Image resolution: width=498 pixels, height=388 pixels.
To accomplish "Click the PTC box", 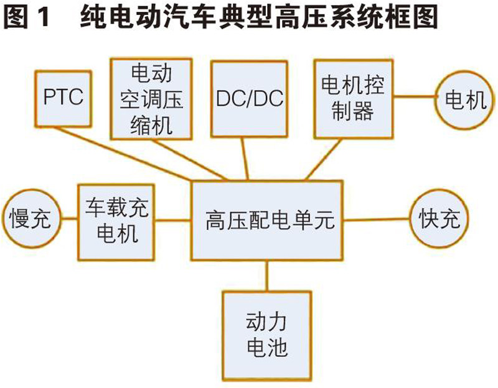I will [x=63, y=98].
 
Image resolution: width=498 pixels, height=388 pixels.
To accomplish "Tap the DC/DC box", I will [x=248, y=98].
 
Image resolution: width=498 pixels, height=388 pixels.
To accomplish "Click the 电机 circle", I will [x=462, y=99].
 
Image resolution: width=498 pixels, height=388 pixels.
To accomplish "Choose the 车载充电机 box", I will [x=116, y=220].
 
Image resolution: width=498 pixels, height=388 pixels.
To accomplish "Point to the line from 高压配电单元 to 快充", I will [x=377, y=219].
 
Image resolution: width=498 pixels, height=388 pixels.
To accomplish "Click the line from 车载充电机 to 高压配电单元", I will [x=174, y=219].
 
